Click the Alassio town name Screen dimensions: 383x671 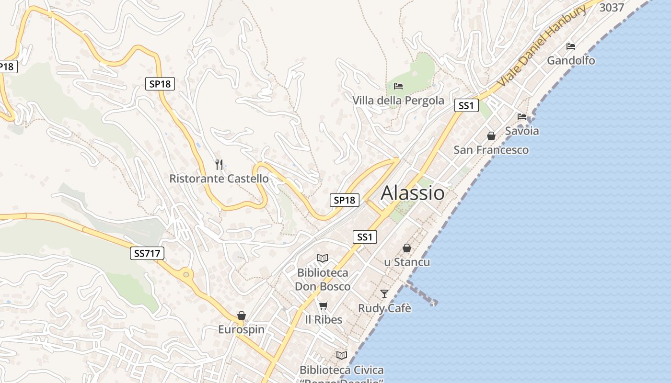(412, 193)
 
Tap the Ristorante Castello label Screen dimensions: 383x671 (219, 179)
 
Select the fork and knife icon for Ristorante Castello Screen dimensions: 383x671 (219, 165)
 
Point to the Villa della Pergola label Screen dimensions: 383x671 (398, 101)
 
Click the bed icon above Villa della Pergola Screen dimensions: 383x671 (398, 86)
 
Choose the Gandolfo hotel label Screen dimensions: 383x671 (571, 60)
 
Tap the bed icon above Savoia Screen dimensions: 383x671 (522, 116)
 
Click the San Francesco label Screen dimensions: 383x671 (491, 150)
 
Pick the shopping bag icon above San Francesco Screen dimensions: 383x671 (491, 136)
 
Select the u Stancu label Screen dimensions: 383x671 (407, 262)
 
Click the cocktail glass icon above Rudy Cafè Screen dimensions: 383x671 (384, 293)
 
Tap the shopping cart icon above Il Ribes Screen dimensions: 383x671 (324, 305)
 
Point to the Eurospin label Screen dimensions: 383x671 (241, 329)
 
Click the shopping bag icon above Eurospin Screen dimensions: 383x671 (242, 315)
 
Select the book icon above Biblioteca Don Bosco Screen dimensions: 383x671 (323, 259)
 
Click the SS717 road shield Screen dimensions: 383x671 (147, 253)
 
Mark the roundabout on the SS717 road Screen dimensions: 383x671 (186, 275)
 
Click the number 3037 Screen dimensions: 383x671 (612, 8)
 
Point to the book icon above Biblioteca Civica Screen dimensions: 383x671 (342, 355)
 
